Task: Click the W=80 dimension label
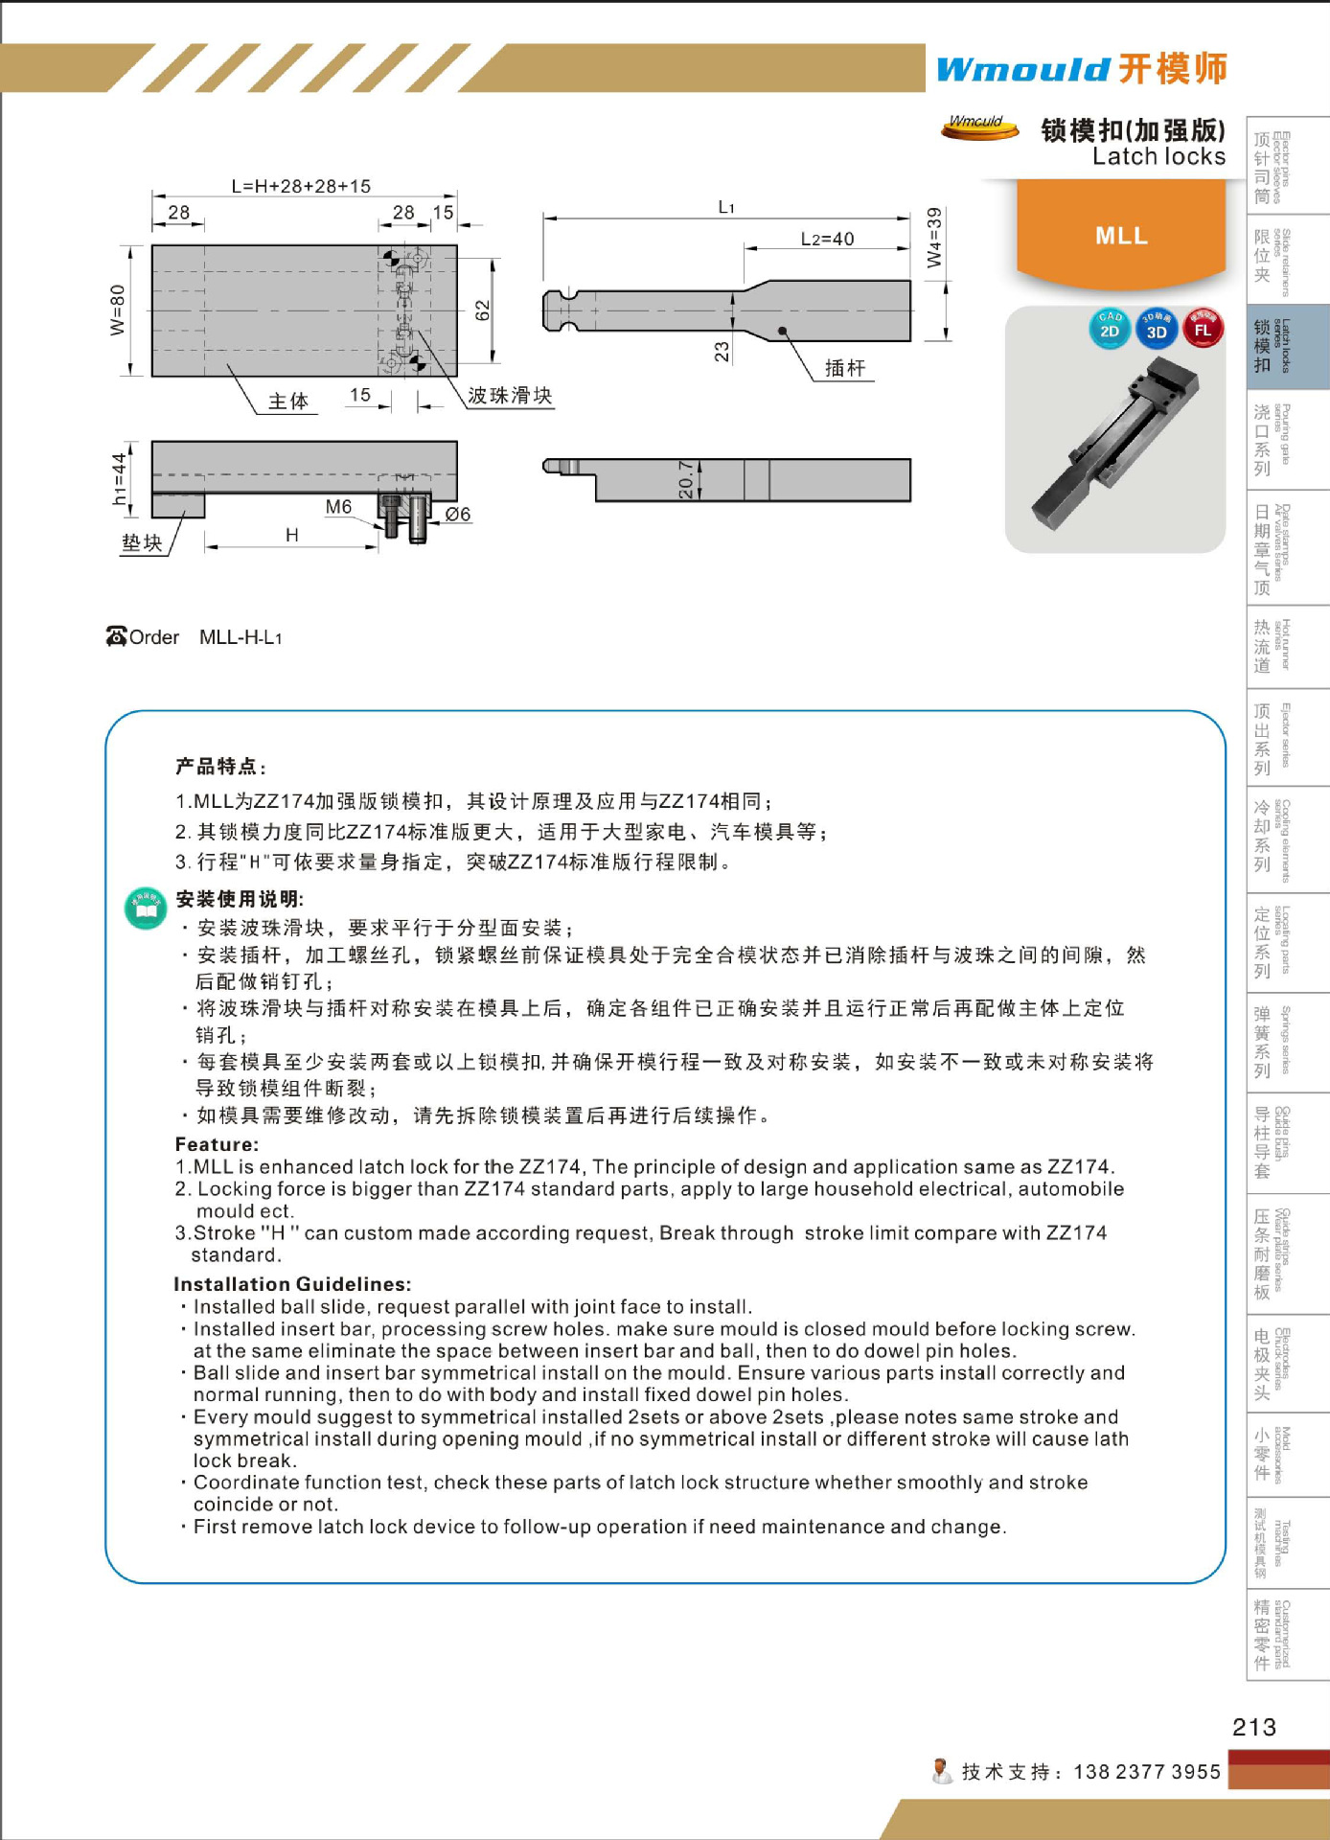(x=117, y=310)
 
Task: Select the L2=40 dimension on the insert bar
(x=827, y=239)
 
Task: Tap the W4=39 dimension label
(x=934, y=238)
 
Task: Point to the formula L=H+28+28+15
(x=301, y=186)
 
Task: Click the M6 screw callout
(x=338, y=507)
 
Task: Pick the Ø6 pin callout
(x=458, y=515)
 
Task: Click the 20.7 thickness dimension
(x=686, y=479)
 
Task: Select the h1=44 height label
(x=119, y=478)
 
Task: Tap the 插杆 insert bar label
(x=844, y=369)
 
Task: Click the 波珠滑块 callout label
(x=510, y=396)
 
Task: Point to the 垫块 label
(x=142, y=543)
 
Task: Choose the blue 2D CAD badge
(x=1110, y=329)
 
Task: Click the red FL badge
(x=1203, y=329)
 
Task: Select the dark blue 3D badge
(x=1157, y=330)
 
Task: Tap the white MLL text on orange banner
(x=1121, y=236)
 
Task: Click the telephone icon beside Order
(x=116, y=636)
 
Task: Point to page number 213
(x=1253, y=1727)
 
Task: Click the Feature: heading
(x=217, y=1144)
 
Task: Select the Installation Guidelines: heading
(x=292, y=1284)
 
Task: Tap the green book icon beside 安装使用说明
(x=146, y=908)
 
